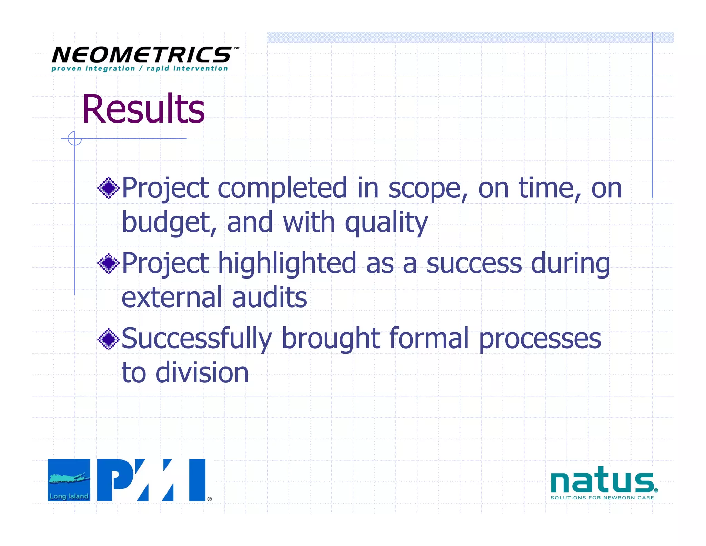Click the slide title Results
tap(143, 109)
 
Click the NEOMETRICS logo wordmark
tap(142, 55)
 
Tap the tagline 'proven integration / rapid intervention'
tap(140, 68)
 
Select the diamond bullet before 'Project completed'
tap(108, 188)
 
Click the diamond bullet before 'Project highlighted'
tap(108, 264)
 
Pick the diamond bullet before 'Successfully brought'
tap(108, 339)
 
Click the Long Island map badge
tap(69, 480)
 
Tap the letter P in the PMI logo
tap(114, 480)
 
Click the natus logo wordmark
tap(602, 480)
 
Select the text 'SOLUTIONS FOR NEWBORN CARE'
tap(602, 498)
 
